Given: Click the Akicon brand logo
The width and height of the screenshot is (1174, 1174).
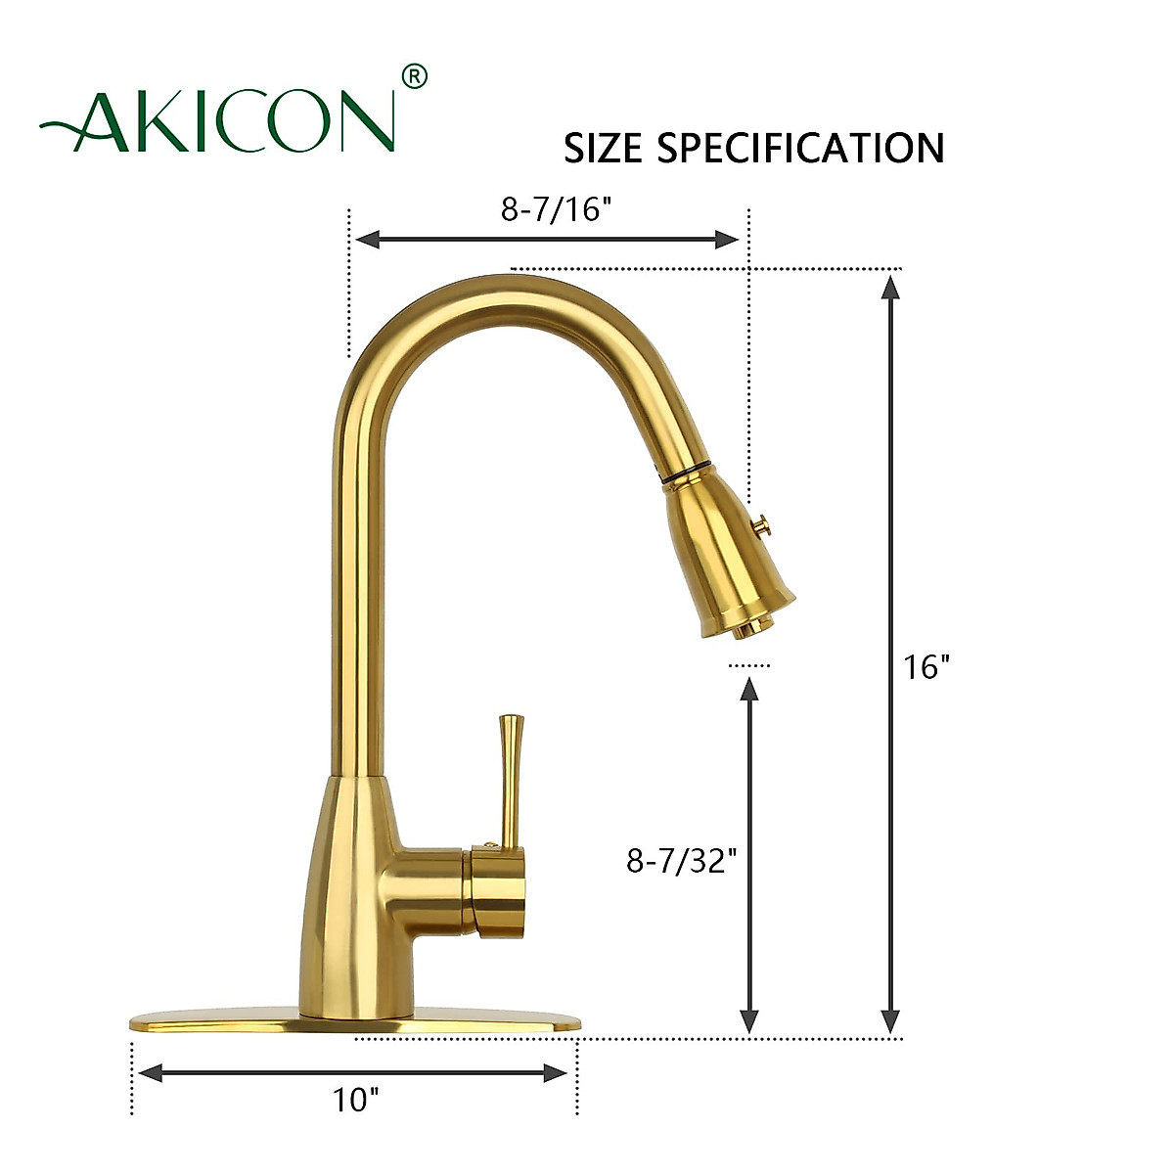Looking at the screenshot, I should pyautogui.click(x=217, y=120).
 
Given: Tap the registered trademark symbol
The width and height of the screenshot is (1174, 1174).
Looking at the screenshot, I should pyautogui.click(x=415, y=76).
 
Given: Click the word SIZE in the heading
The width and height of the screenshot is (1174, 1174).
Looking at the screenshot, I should pyautogui.click(x=603, y=148).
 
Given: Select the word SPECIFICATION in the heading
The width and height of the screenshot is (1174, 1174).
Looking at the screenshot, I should pyautogui.click(x=800, y=148).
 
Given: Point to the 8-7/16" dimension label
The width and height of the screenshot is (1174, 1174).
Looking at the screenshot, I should pyautogui.click(x=549, y=208).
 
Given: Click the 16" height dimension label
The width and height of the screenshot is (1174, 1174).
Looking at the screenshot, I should pyautogui.click(x=926, y=667).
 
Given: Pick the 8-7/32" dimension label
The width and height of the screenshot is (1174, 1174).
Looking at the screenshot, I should pyautogui.click(x=681, y=860).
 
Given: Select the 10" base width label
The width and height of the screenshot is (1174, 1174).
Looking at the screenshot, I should pyautogui.click(x=354, y=1100).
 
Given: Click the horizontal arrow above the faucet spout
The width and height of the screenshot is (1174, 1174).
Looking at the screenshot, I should pyautogui.click(x=548, y=240).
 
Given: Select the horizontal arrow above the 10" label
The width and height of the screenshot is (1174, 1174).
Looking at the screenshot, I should pyautogui.click(x=353, y=1073).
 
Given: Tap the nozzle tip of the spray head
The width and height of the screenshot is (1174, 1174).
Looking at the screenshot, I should pyautogui.click(x=745, y=628).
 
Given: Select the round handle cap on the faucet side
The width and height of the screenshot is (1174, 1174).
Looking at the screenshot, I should pyautogui.click(x=500, y=892).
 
